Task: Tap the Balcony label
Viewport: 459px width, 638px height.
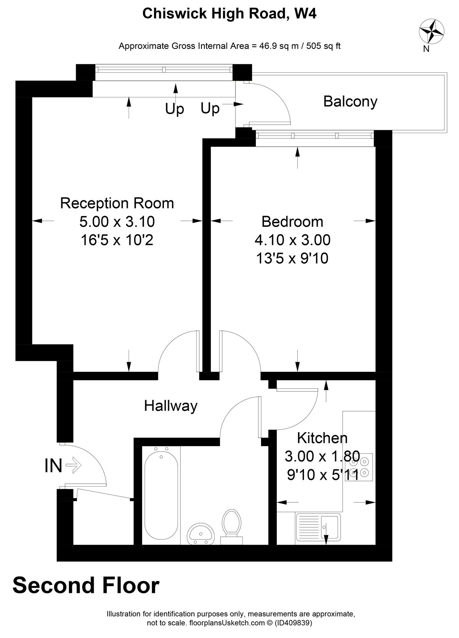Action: [x=350, y=102]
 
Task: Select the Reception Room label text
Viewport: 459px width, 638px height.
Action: [x=117, y=203]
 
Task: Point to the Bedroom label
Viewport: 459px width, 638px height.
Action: [x=292, y=222]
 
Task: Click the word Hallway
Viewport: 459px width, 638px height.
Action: [x=170, y=406]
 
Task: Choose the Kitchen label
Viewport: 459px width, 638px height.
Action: [x=322, y=438]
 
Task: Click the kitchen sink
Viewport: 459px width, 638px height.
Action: [x=318, y=527]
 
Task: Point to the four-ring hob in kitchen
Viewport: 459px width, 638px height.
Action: [x=359, y=467]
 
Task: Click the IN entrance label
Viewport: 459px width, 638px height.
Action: [x=53, y=466]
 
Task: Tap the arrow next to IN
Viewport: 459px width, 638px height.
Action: [x=74, y=465]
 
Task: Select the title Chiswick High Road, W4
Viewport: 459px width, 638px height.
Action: [x=229, y=13]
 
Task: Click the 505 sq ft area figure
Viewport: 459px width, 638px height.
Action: [x=323, y=46]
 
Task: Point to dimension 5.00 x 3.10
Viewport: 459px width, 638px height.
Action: [x=117, y=222]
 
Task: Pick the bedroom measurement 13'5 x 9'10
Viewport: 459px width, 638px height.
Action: [x=292, y=258]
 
